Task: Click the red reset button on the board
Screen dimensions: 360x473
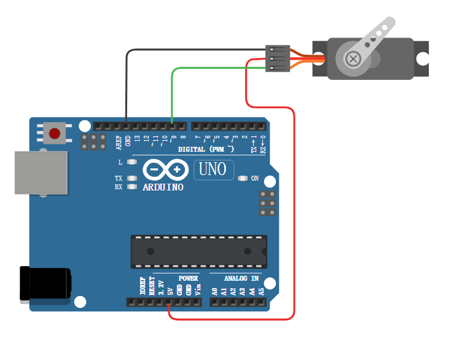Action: tap(55, 133)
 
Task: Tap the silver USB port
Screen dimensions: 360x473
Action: tap(41, 173)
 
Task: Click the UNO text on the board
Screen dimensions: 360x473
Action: tap(213, 169)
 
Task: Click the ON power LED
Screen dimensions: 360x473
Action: tap(241, 179)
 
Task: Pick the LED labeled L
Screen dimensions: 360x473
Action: tap(130, 163)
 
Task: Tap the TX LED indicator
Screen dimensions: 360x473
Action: tap(130, 178)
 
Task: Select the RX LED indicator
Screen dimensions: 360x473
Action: tap(130, 186)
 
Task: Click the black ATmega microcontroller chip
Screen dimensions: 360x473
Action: tap(199, 251)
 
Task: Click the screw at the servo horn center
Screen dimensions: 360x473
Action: tap(353, 59)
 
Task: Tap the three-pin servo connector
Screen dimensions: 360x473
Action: tap(277, 58)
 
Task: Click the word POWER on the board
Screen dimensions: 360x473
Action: tap(188, 278)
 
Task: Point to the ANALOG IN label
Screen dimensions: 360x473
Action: tap(237, 278)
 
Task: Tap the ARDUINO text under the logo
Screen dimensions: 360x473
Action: tap(163, 187)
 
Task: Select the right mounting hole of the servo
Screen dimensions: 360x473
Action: tap(422, 58)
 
